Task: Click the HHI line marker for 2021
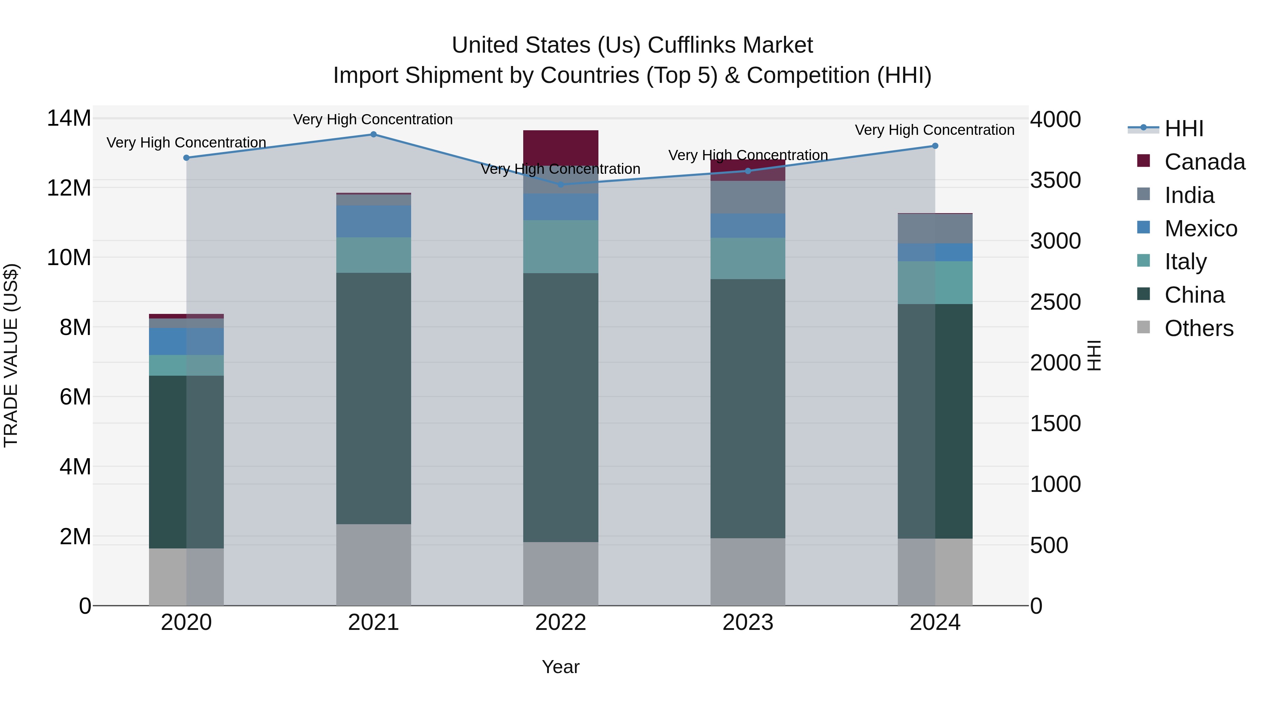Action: click(x=373, y=134)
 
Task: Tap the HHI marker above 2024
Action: click(x=935, y=146)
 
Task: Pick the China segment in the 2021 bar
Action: click(x=373, y=399)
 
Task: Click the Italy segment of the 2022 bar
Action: click(x=561, y=246)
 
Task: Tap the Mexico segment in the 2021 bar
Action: click(x=373, y=221)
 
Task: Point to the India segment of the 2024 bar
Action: click(x=935, y=229)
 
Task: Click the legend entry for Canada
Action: click(x=1204, y=162)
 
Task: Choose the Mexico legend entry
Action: click(x=1200, y=229)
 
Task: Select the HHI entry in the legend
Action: click(x=1183, y=129)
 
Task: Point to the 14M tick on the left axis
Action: click(x=69, y=118)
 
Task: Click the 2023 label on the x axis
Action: click(x=748, y=623)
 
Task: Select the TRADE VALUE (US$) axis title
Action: click(x=11, y=355)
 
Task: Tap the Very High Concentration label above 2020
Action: click(x=186, y=143)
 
